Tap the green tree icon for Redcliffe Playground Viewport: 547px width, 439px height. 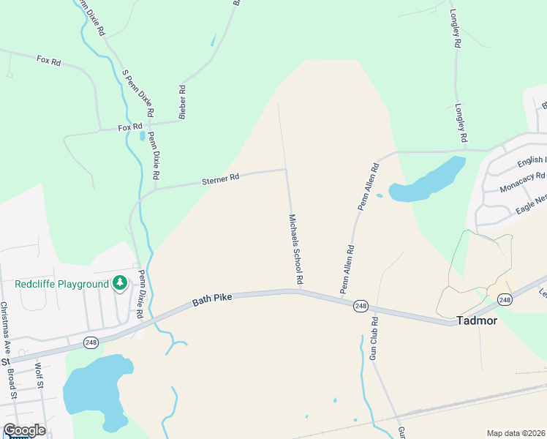click(x=119, y=283)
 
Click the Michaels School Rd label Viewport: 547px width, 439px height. click(x=295, y=249)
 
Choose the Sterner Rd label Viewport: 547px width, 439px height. click(x=221, y=178)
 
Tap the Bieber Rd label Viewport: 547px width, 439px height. click(x=183, y=102)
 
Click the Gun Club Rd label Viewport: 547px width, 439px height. click(x=373, y=338)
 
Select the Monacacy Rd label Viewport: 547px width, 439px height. click(x=522, y=181)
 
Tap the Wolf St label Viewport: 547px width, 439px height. click(x=38, y=376)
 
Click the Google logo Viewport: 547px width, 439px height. click(x=24, y=430)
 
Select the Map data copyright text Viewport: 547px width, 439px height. click(x=516, y=433)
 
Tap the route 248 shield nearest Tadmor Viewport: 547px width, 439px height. click(x=505, y=299)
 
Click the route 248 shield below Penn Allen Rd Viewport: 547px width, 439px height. click(x=360, y=305)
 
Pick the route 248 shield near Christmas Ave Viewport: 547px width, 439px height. click(x=91, y=342)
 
